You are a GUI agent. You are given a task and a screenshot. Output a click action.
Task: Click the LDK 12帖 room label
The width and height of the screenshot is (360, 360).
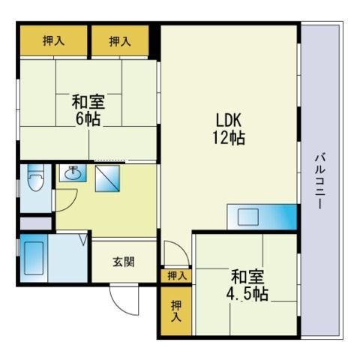[x=229, y=129]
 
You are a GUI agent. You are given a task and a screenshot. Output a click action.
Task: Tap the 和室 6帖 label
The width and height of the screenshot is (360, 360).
[x=88, y=109]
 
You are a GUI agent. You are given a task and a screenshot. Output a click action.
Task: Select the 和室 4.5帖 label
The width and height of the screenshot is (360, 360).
[x=247, y=285]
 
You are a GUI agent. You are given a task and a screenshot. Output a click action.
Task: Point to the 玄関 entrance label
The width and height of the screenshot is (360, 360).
[x=124, y=262]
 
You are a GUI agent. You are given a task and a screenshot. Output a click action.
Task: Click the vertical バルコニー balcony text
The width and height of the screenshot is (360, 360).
[x=320, y=181]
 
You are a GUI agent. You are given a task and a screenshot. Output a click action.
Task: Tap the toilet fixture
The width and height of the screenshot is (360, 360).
[x=36, y=178]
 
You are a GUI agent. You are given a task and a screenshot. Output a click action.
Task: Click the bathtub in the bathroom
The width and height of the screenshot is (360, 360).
[x=34, y=258]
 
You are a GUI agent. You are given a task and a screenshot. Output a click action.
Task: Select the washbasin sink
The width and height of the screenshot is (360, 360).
[x=73, y=173]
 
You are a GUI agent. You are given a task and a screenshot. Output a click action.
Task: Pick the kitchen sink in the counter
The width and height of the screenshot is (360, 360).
[x=248, y=217]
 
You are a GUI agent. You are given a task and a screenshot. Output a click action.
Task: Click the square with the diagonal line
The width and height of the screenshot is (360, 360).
[x=107, y=178]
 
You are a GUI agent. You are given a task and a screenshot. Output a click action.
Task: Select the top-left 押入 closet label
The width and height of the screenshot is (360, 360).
[x=53, y=40]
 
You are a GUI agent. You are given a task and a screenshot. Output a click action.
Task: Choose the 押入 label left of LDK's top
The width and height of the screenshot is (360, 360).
[x=120, y=41]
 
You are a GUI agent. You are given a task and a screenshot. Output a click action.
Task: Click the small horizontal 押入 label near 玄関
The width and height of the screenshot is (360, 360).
[x=177, y=276]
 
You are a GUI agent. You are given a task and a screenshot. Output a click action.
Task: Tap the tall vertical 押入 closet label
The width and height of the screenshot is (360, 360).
[x=176, y=310]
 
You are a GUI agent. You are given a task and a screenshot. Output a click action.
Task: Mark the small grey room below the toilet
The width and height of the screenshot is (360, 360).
[x=36, y=223]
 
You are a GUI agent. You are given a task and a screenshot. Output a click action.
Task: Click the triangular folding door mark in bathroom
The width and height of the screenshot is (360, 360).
[x=84, y=239]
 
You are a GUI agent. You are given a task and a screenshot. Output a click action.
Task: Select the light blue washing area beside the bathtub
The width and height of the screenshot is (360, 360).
[x=67, y=258]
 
